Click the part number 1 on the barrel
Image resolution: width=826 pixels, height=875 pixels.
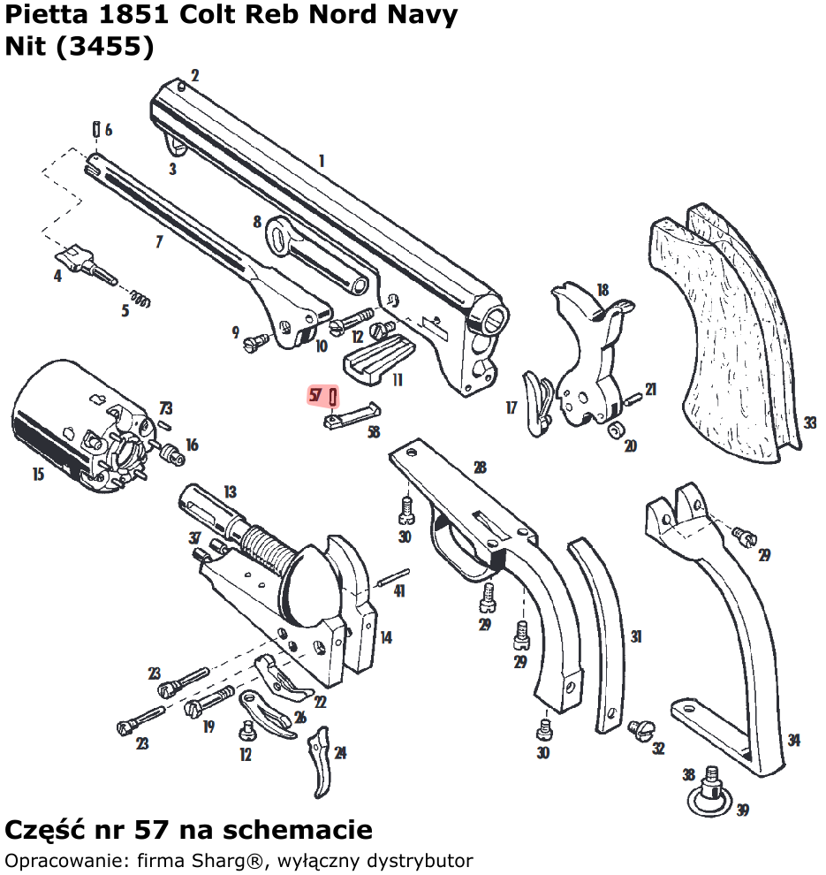pyautogui.click(x=322, y=162)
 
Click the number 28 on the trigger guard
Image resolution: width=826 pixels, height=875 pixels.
pyautogui.click(x=480, y=468)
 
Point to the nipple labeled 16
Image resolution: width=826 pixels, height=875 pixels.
pyautogui.click(x=172, y=455)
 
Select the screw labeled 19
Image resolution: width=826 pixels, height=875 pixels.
pyautogui.click(x=208, y=703)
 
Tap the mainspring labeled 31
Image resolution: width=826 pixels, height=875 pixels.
pyautogui.click(x=601, y=632)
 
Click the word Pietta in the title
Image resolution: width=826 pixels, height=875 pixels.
pyautogui.click(x=43, y=16)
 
